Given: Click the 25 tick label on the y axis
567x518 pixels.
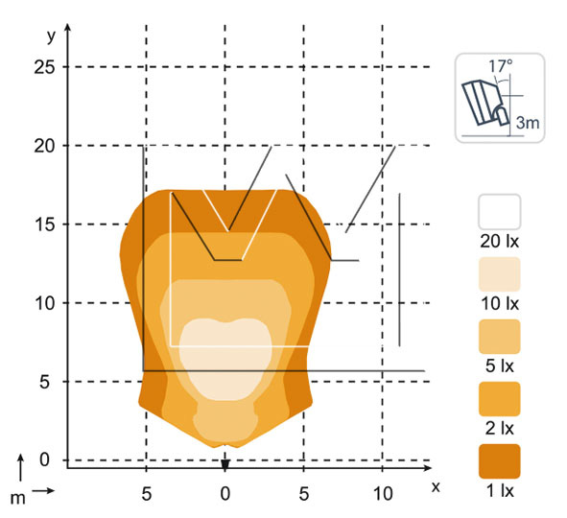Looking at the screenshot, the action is click(44, 67).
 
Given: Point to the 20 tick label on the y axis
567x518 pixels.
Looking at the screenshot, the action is click(44, 146).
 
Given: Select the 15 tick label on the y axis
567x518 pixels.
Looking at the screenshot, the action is click(44, 224).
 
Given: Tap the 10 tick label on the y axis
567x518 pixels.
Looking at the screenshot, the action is click(44, 303).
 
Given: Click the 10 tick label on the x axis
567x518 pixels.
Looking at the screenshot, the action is click(383, 493).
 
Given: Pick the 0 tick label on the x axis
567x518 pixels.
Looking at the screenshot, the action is click(224, 493).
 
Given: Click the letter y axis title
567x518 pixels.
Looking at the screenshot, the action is click(52, 36).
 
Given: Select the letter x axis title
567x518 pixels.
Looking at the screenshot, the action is click(436, 487).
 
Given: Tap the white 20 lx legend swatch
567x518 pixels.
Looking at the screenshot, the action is click(500, 212).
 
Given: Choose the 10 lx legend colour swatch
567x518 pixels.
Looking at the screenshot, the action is click(500, 274).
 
